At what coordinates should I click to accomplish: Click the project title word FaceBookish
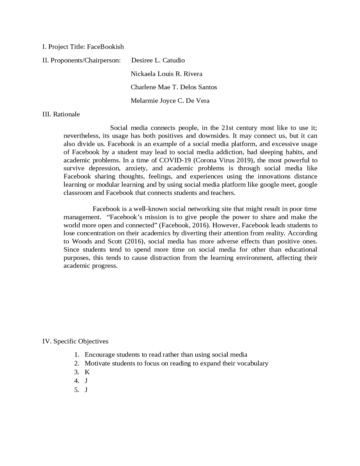[x=105, y=47]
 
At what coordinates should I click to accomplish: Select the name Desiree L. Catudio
[x=158, y=60]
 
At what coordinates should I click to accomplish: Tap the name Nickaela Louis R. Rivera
[x=166, y=74]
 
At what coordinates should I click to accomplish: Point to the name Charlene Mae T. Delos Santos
[x=174, y=87]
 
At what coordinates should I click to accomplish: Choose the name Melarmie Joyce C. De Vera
[x=170, y=100]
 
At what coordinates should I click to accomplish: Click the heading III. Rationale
[x=61, y=114]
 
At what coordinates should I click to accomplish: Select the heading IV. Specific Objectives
[x=75, y=341]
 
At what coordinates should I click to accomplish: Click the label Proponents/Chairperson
[x=85, y=60]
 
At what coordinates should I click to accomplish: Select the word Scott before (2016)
[x=114, y=241]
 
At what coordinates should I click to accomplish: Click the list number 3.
[x=76, y=372]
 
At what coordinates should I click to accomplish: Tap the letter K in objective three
[x=87, y=372]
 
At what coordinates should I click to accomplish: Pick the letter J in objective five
[x=86, y=390]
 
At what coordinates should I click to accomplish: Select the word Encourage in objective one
[x=100, y=355]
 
